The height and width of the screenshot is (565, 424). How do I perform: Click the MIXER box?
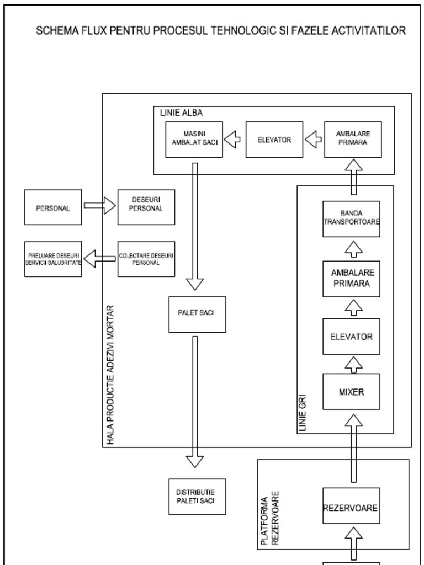tap(351, 392)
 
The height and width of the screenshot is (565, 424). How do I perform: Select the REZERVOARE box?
tap(351, 506)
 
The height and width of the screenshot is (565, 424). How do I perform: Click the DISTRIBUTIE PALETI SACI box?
tap(197, 497)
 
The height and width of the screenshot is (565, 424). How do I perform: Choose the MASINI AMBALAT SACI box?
tap(194, 140)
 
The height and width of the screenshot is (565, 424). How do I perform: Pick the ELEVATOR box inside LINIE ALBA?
tap(274, 140)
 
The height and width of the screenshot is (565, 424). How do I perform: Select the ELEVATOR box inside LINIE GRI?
tap(351, 337)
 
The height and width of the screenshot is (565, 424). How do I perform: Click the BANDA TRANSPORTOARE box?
tap(351, 219)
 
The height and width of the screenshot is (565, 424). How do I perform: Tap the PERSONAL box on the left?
tap(53, 207)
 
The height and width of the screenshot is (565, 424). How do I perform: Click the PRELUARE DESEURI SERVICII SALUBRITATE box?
tap(53, 259)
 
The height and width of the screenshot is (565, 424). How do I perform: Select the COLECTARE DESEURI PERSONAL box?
tap(146, 259)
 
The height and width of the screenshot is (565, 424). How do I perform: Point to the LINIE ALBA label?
tap(181, 113)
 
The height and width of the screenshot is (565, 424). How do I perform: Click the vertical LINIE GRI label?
tap(302, 413)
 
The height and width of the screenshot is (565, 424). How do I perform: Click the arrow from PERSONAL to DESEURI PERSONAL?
tap(99, 206)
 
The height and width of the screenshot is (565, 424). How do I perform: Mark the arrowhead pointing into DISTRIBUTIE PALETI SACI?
tap(195, 461)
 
